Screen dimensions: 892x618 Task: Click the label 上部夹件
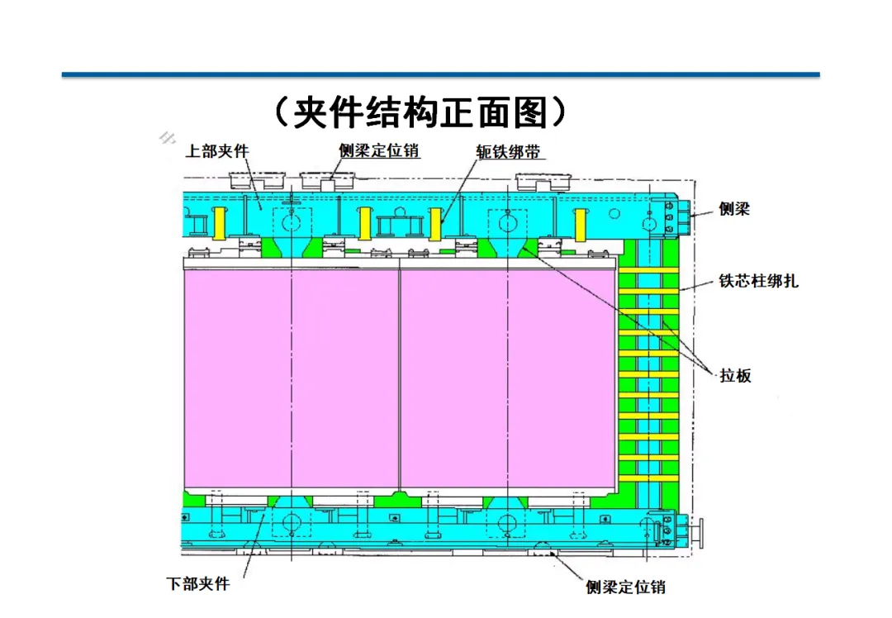tap(216, 151)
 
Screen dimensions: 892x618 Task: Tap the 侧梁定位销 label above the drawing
tap(379, 151)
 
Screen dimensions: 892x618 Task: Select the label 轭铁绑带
tap(512, 152)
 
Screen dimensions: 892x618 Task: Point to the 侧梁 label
tap(733, 209)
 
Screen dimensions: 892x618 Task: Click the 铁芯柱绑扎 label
tap(758, 281)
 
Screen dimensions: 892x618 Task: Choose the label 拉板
tap(734, 376)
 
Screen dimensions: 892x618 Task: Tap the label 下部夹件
tap(198, 583)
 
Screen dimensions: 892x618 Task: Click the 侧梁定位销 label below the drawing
tap(626, 587)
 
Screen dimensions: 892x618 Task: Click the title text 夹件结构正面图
tap(420, 113)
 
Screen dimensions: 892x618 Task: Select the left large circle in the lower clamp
tap(292, 522)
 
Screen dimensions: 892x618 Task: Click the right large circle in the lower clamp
tap(507, 522)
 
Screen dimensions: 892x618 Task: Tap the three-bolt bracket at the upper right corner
tap(671, 213)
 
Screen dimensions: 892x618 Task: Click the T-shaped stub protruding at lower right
tap(699, 530)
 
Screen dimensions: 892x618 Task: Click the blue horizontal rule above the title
tap(440, 75)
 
